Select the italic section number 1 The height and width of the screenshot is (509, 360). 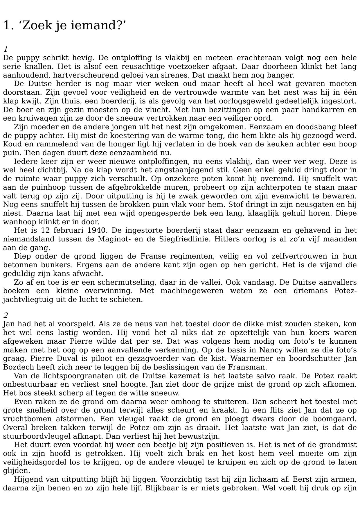[6, 49]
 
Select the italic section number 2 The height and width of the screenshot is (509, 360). [6, 315]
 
